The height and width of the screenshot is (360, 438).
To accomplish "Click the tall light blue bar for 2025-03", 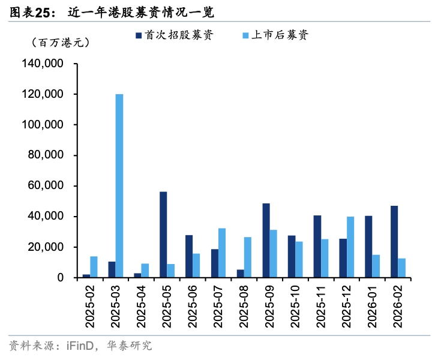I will (119, 186).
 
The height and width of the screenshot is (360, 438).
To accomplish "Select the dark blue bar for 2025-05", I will (163, 235).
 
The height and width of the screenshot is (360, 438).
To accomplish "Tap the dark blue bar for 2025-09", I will (266, 241).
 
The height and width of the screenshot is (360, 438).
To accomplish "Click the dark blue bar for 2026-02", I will (394, 242).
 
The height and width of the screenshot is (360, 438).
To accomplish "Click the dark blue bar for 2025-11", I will (317, 247).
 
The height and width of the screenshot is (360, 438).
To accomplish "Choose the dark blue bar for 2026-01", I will (368, 247).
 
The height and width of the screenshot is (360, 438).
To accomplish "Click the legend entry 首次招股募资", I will (174, 35).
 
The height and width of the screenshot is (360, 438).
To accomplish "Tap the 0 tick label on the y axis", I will (61, 278).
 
